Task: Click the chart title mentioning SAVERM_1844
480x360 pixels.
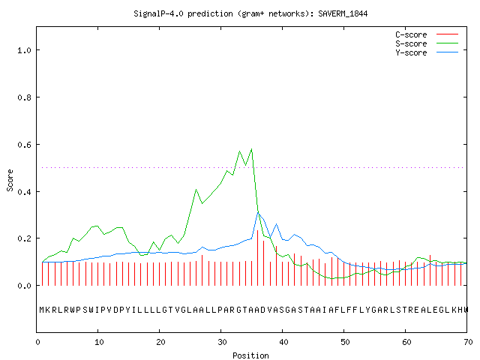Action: pos(250,13)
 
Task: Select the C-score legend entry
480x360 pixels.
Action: pos(427,34)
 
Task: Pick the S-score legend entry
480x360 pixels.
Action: pos(427,43)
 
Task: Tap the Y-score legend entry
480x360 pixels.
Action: pos(427,52)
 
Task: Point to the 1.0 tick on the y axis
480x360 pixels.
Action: pos(24,50)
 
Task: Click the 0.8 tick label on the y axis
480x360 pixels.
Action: pos(24,97)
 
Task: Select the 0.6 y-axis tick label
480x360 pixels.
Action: pos(24,145)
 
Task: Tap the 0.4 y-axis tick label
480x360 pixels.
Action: pos(24,192)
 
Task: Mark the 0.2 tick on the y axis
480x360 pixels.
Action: pos(24,238)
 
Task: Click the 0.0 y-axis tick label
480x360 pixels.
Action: pos(24,286)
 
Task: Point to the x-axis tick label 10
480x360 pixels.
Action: pos(99,342)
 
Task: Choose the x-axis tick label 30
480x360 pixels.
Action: pos(222,342)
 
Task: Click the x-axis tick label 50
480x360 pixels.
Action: pos(345,342)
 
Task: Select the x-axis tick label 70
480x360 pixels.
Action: pos(468,342)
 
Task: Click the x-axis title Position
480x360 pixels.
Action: pos(250,355)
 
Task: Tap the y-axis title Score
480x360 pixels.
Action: pos(10,180)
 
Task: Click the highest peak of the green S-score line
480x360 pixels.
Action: pos(252,149)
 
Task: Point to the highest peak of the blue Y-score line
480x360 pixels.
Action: pos(258,211)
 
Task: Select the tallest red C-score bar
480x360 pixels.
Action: pos(258,258)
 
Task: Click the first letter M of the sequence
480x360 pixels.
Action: pos(42,310)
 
